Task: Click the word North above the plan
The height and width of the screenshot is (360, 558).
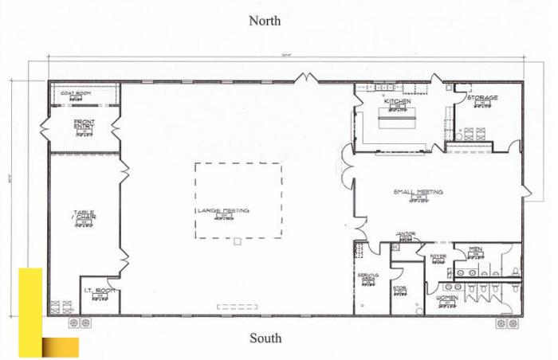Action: coord(265,21)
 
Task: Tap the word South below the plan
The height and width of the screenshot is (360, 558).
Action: coord(265,338)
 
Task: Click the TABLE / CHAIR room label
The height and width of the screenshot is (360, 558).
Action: coord(84,215)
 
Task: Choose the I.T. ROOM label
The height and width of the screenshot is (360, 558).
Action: coord(100,290)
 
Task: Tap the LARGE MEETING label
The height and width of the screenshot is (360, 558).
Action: coord(224,210)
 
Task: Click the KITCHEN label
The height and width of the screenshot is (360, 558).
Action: coord(397,101)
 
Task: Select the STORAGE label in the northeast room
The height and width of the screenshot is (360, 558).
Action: coord(482,98)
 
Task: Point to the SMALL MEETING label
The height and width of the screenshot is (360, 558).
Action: coord(418,192)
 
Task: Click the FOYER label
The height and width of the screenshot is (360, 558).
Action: coord(438,256)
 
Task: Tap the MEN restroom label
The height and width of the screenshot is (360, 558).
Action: coord(475,249)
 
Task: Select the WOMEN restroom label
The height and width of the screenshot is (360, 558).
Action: coord(447,297)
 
